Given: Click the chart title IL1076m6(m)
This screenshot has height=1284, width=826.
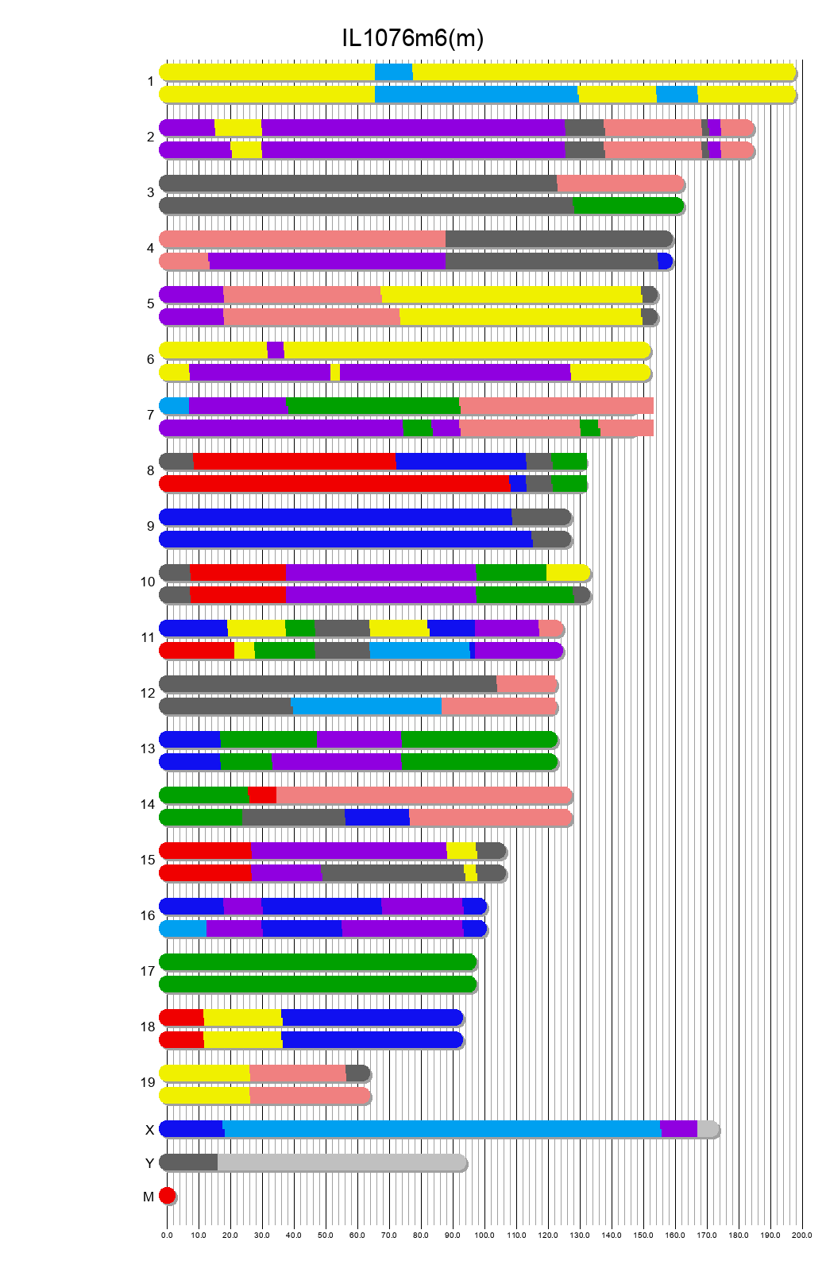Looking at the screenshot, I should [412, 37].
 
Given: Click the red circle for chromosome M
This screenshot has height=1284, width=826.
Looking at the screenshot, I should [167, 1196].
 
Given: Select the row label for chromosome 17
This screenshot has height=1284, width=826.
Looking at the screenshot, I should [148, 971].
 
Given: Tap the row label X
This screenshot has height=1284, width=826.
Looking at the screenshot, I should [149, 1130].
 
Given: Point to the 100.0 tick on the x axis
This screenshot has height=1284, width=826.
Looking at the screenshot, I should [484, 1235].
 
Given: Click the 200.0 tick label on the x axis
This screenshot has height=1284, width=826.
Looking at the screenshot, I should [802, 1235].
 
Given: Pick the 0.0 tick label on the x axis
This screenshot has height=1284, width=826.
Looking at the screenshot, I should [167, 1235].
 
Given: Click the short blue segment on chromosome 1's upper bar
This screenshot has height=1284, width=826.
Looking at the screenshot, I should [393, 72].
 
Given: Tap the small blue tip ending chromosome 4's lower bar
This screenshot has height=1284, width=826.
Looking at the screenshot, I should [666, 261].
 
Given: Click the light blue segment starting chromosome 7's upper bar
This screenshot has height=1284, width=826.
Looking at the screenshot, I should [175, 406].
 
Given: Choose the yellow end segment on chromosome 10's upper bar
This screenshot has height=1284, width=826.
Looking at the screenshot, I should [567, 573].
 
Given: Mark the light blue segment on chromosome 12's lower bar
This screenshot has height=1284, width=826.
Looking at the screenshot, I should [367, 706].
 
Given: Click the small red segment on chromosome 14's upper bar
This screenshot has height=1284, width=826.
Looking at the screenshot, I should [262, 795].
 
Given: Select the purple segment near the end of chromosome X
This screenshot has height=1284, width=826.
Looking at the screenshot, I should [678, 1129].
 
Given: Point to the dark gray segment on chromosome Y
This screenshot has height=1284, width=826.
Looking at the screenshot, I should [189, 1162].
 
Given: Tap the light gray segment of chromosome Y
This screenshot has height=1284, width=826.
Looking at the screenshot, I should [342, 1162].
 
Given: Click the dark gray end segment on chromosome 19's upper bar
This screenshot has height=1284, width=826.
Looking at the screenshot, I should [357, 1073].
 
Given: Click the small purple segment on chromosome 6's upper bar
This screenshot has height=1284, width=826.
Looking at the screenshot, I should [276, 350].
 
